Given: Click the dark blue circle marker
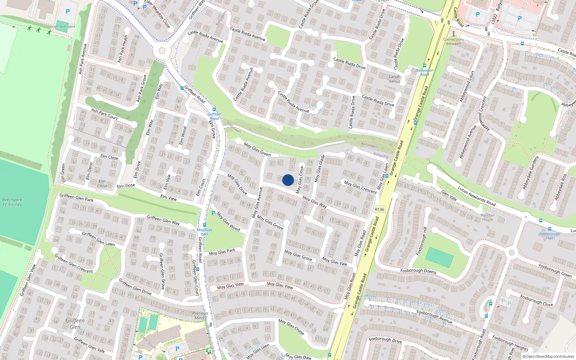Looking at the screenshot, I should coord(288,180).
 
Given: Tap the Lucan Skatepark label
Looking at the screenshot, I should coord(62,26).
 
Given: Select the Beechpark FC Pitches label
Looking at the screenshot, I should coord(12,202).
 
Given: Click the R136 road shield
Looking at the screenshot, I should coord(379,209).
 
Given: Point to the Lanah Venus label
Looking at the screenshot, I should coord(395,79).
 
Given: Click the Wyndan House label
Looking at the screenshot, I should coord(487,217).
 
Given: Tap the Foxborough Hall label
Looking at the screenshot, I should coord(549,236).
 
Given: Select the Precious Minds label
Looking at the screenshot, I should coord(200,315).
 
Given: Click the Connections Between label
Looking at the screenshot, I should coord(453,41).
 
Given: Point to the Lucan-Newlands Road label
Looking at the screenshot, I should coord(477,196).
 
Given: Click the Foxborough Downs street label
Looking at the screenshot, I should coord(418,271).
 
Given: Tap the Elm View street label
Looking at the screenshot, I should coord(168,198).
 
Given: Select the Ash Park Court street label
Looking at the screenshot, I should coord(104,114).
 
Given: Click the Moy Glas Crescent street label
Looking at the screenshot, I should coord(360,187).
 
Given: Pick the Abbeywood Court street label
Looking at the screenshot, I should coord(467,86).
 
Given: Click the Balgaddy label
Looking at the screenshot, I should coord(381,155).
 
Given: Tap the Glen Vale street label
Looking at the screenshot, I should coord(449,196).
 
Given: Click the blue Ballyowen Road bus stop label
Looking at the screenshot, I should coord(424,72).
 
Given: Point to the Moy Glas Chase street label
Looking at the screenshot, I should coord(291,327).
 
